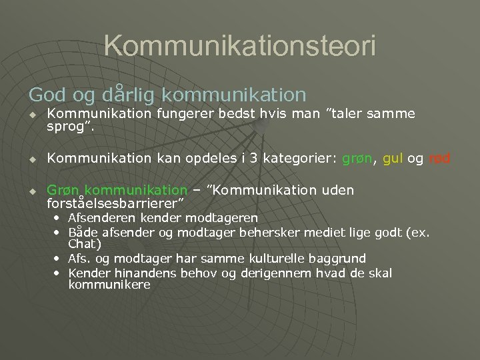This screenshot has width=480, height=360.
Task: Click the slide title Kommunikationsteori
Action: click(240, 46)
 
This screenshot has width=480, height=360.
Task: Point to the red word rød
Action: click(440, 159)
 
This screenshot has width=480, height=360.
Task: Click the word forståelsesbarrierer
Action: click(113, 202)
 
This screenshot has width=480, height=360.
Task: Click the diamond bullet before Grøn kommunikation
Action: click(31, 191)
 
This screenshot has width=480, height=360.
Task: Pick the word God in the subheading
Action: click(46, 95)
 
